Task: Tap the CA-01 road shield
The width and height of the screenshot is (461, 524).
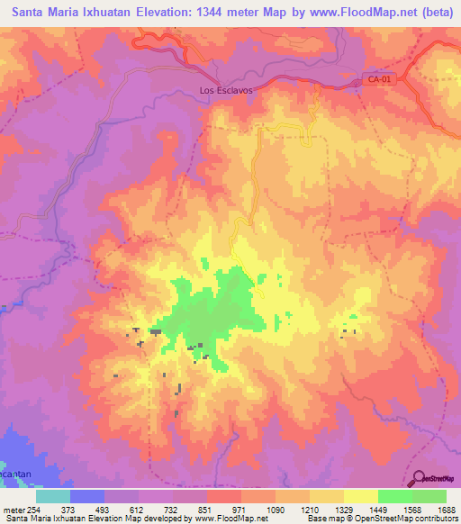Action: pyautogui.click(x=378, y=80)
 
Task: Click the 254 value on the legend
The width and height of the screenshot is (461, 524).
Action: pyautogui.click(x=33, y=510)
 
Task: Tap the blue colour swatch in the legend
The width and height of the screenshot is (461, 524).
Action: pyautogui.click(x=87, y=496)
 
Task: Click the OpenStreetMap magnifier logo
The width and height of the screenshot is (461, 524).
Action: pyautogui.click(x=419, y=477)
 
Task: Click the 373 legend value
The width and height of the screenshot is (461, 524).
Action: pyautogui.click(x=68, y=510)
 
